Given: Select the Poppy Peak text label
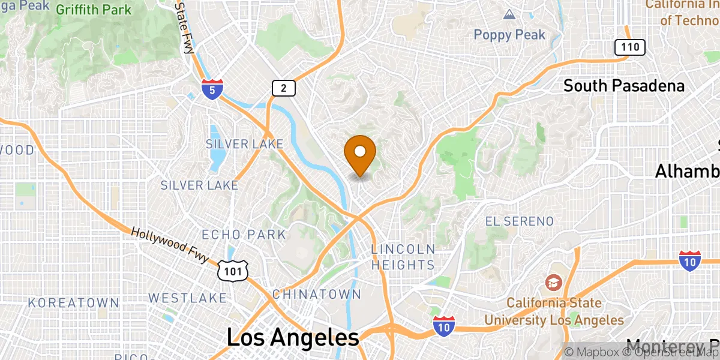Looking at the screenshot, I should [x=509, y=35].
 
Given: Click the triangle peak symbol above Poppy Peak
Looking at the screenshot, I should [x=509, y=14].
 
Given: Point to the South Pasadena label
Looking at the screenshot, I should [x=623, y=86].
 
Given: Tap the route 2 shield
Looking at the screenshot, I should [x=283, y=88].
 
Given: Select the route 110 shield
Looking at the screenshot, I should [x=629, y=47].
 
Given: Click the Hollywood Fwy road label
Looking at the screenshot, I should [x=170, y=244].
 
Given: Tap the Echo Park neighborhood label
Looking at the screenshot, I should [x=244, y=234].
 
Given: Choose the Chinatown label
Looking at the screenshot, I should [x=317, y=294].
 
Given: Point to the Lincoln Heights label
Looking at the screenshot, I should [x=403, y=257].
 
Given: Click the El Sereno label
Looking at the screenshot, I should [x=519, y=221].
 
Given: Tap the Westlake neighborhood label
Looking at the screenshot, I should [x=188, y=298].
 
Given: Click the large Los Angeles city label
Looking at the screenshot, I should [x=293, y=337].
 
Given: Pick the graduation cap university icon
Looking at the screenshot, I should [x=553, y=281].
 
